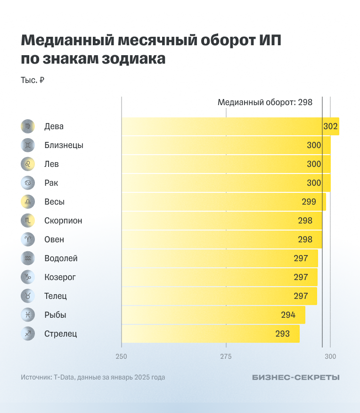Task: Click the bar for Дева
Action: (x=230, y=126)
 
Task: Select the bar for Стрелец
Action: (x=210, y=334)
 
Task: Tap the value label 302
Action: (x=330, y=126)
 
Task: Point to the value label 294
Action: (x=288, y=315)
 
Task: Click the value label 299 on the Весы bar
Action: (x=309, y=202)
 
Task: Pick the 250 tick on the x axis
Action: (x=122, y=357)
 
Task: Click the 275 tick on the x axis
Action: (x=226, y=357)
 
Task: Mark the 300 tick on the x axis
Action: (x=330, y=357)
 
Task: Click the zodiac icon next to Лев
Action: (x=28, y=164)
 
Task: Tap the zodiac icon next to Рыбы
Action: (x=28, y=315)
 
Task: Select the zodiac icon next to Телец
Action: (x=28, y=296)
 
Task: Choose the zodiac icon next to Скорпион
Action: (x=28, y=221)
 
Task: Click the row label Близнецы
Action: (x=64, y=145)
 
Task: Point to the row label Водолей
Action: (x=61, y=258)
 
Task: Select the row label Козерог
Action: (x=60, y=277)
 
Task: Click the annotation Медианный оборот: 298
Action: (x=265, y=102)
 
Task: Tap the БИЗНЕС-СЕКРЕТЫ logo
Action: (x=295, y=377)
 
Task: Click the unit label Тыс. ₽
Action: (x=33, y=81)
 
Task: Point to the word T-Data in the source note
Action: (x=64, y=377)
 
